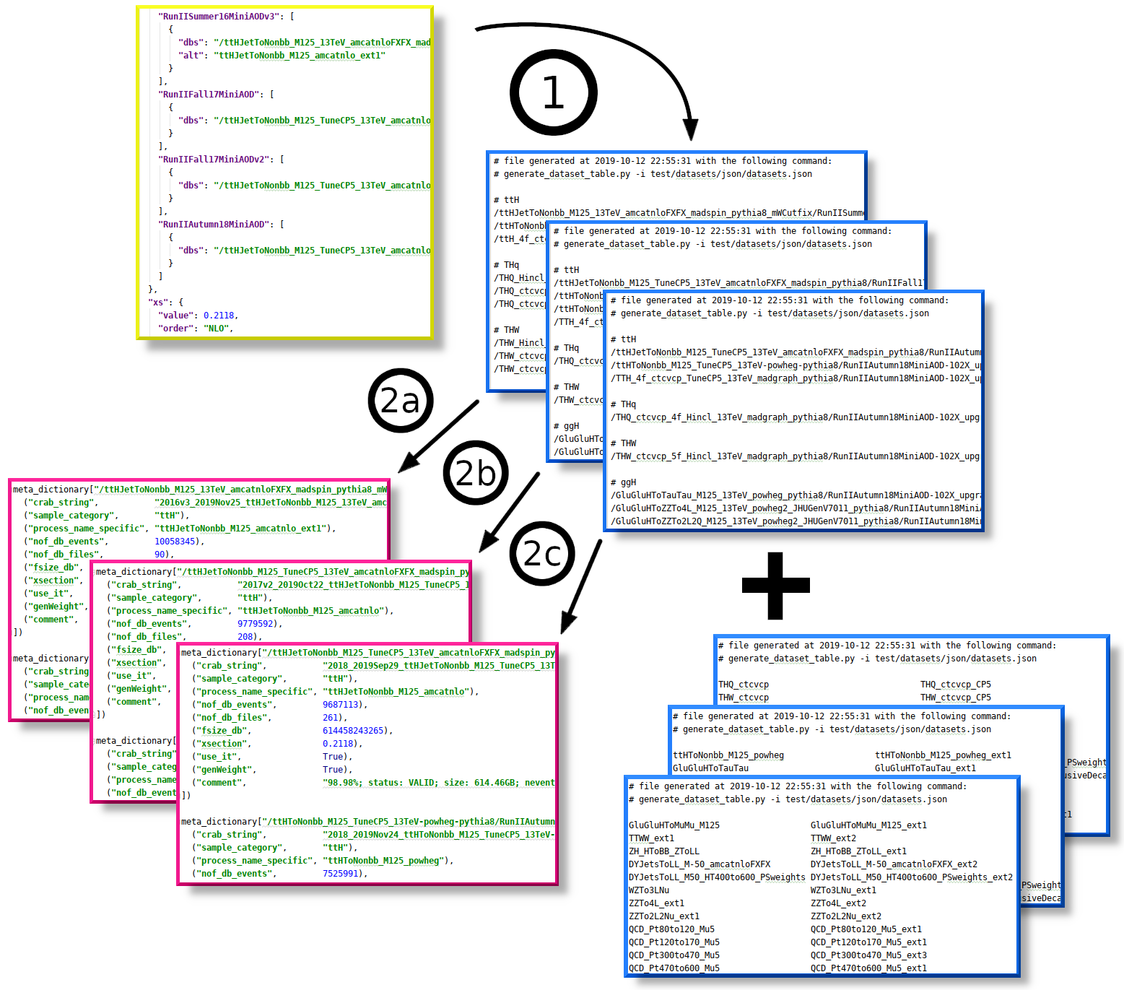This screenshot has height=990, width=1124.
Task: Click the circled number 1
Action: pyautogui.click(x=553, y=92)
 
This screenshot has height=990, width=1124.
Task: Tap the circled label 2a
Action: pyautogui.click(x=400, y=401)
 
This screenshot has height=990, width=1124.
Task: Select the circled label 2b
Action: pyautogui.click(x=476, y=473)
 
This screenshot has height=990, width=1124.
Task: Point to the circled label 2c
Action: pyautogui.click(x=542, y=554)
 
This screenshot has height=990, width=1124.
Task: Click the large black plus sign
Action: pyautogui.click(x=775, y=586)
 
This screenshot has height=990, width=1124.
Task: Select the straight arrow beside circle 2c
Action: pyautogui.click(x=581, y=586)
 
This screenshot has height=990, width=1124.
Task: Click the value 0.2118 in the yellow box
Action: pyautogui.click(x=219, y=316)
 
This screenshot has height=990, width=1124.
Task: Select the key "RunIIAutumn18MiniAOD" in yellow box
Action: pyautogui.click(x=214, y=225)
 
